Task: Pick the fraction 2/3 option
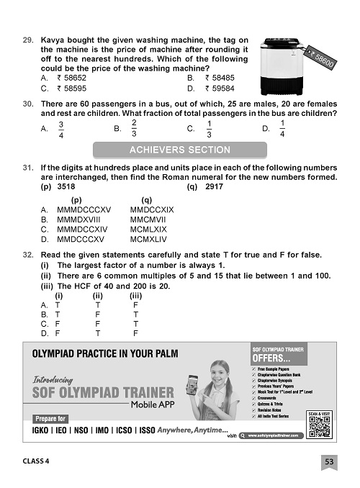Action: click(x=134, y=129)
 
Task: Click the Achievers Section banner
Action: click(x=179, y=150)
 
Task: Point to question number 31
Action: click(x=29, y=168)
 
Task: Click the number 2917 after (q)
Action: click(x=214, y=186)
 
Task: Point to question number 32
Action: click(x=29, y=256)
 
